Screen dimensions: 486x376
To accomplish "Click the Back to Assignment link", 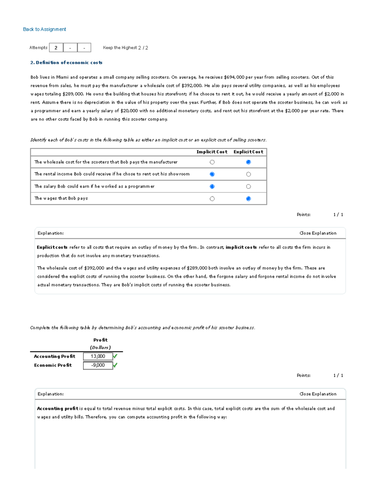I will coord(44,29).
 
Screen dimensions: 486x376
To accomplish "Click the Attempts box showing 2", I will coord(56,48).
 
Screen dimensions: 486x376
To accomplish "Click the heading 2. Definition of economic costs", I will coord(66,63).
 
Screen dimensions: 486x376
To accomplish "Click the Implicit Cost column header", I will coord(212,152).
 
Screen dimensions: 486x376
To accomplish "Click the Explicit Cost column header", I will coord(248,152).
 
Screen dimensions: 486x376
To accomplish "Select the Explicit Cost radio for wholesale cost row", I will coord(248,162).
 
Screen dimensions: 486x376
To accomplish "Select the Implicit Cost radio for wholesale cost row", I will coord(212,162).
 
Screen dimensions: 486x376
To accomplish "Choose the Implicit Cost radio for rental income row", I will coord(212,174).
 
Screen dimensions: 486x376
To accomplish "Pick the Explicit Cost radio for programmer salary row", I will coord(248,187).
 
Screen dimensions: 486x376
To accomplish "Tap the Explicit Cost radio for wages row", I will coord(248,199).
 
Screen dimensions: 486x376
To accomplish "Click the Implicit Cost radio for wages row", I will coord(212,199).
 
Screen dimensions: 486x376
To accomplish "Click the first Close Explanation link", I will coord(318,233).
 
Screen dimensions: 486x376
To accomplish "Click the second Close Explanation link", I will coord(318,394).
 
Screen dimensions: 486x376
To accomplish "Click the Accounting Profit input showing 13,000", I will coord(98,356).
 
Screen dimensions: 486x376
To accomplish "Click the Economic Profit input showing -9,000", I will coord(98,365).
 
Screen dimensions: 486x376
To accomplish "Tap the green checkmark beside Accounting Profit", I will coord(115,356).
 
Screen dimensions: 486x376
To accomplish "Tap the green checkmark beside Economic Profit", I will coord(115,365).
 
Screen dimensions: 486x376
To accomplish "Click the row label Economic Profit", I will coord(53,365).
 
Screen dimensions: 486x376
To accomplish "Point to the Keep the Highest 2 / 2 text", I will coord(125,48).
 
